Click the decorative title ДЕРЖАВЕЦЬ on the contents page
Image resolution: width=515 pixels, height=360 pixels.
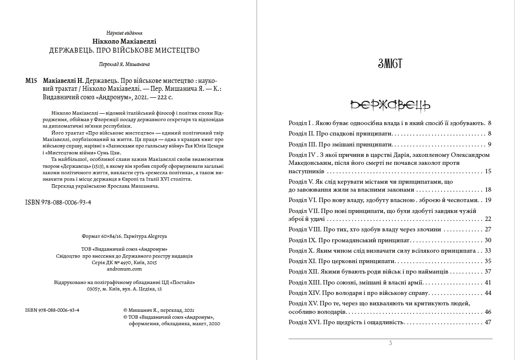[390, 105]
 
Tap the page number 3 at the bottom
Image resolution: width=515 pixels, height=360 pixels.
[390, 343]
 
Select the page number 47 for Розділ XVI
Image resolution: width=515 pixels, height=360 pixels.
[487, 322]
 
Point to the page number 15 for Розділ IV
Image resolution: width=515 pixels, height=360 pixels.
[487, 171]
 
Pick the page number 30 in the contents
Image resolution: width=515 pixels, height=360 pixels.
[487, 240]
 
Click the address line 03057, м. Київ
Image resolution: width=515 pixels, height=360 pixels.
[124, 288]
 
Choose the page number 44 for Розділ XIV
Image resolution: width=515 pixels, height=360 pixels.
[487, 293]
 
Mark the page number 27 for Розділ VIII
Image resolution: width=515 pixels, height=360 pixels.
[487, 229]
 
